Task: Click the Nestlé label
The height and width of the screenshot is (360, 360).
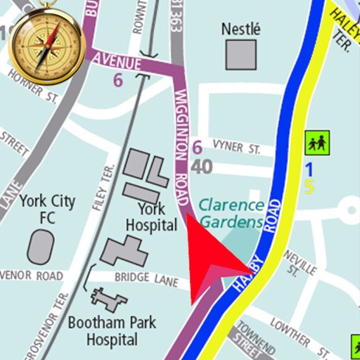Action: pyautogui.click(x=240, y=30)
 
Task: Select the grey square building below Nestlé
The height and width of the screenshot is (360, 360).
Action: pyautogui.click(x=240, y=54)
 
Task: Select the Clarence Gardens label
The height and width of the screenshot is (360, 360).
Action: pyautogui.click(x=231, y=214)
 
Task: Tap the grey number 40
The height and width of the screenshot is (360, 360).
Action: pyautogui.click(x=202, y=167)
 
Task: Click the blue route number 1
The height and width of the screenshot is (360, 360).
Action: pyautogui.click(x=308, y=169)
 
